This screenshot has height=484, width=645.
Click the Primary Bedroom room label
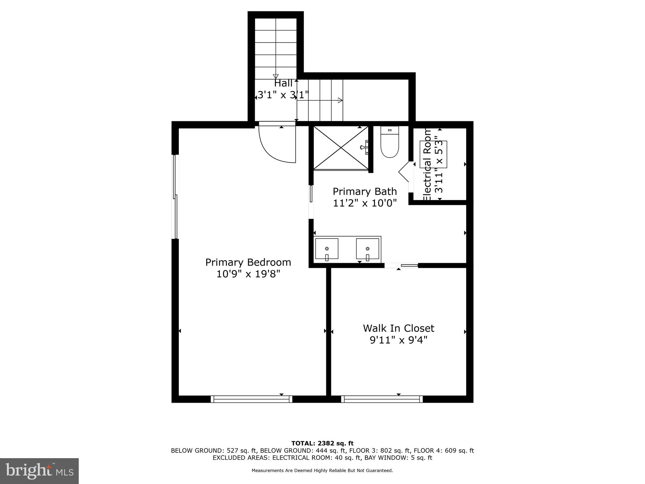(x=248, y=262)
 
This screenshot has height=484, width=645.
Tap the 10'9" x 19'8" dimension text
(x=248, y=274)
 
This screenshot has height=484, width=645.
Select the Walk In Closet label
(x=398, y=328)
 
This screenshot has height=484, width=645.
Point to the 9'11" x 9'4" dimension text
(x=398, y=340)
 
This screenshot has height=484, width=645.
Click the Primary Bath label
(x=365, y=192)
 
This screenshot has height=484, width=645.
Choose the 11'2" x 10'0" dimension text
(x=365, y=203)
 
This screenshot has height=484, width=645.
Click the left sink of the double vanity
(x=327, y=249)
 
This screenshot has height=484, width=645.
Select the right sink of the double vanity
(x=367, y=249)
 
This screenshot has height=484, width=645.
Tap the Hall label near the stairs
(x=283, y=83)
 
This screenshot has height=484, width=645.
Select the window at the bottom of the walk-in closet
(x=382, y=399)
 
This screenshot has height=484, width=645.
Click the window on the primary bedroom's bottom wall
(x=251, y=399)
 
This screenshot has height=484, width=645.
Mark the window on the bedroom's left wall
(x=175, y=197)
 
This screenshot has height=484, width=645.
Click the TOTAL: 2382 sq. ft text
(x=322, y=443)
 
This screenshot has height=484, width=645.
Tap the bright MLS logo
(x=39, y=471)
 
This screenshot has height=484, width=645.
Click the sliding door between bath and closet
(x=401, y=265)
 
